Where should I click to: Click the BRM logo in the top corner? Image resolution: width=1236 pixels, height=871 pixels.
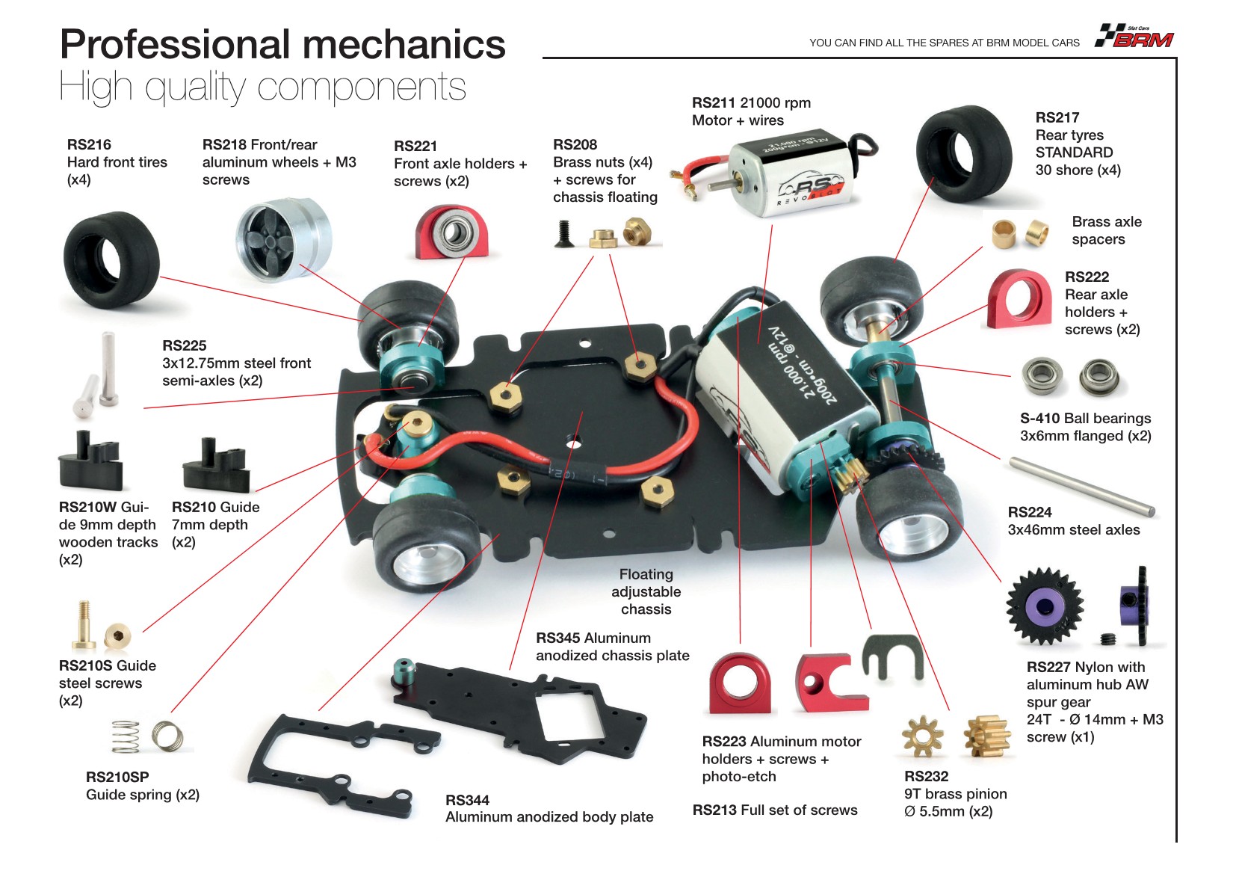(1135, 37)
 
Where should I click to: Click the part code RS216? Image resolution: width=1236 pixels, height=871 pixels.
(89, 144)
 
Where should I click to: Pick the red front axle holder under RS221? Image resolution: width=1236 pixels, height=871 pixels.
(451, 233)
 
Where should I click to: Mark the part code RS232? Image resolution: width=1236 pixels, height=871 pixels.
(926, 776)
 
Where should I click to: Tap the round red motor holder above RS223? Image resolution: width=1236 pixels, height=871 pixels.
(739, 683)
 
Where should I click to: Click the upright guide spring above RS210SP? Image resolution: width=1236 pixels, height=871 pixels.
(126, 736)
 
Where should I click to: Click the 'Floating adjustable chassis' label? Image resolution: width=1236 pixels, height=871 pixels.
(646, 591)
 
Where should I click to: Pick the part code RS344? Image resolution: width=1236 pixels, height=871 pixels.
(467, 800)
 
